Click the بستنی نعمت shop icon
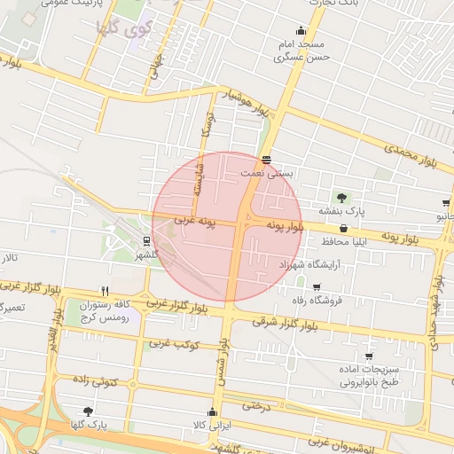coord(267,160)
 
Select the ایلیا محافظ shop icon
coord(344,228)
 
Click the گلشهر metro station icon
coord(146,241)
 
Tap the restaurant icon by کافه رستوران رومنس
coord(105,291)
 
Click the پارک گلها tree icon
coord(88,411)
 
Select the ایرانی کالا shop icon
coord(211,412)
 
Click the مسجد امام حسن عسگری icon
coord(301,29)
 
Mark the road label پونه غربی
coord(195,218)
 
